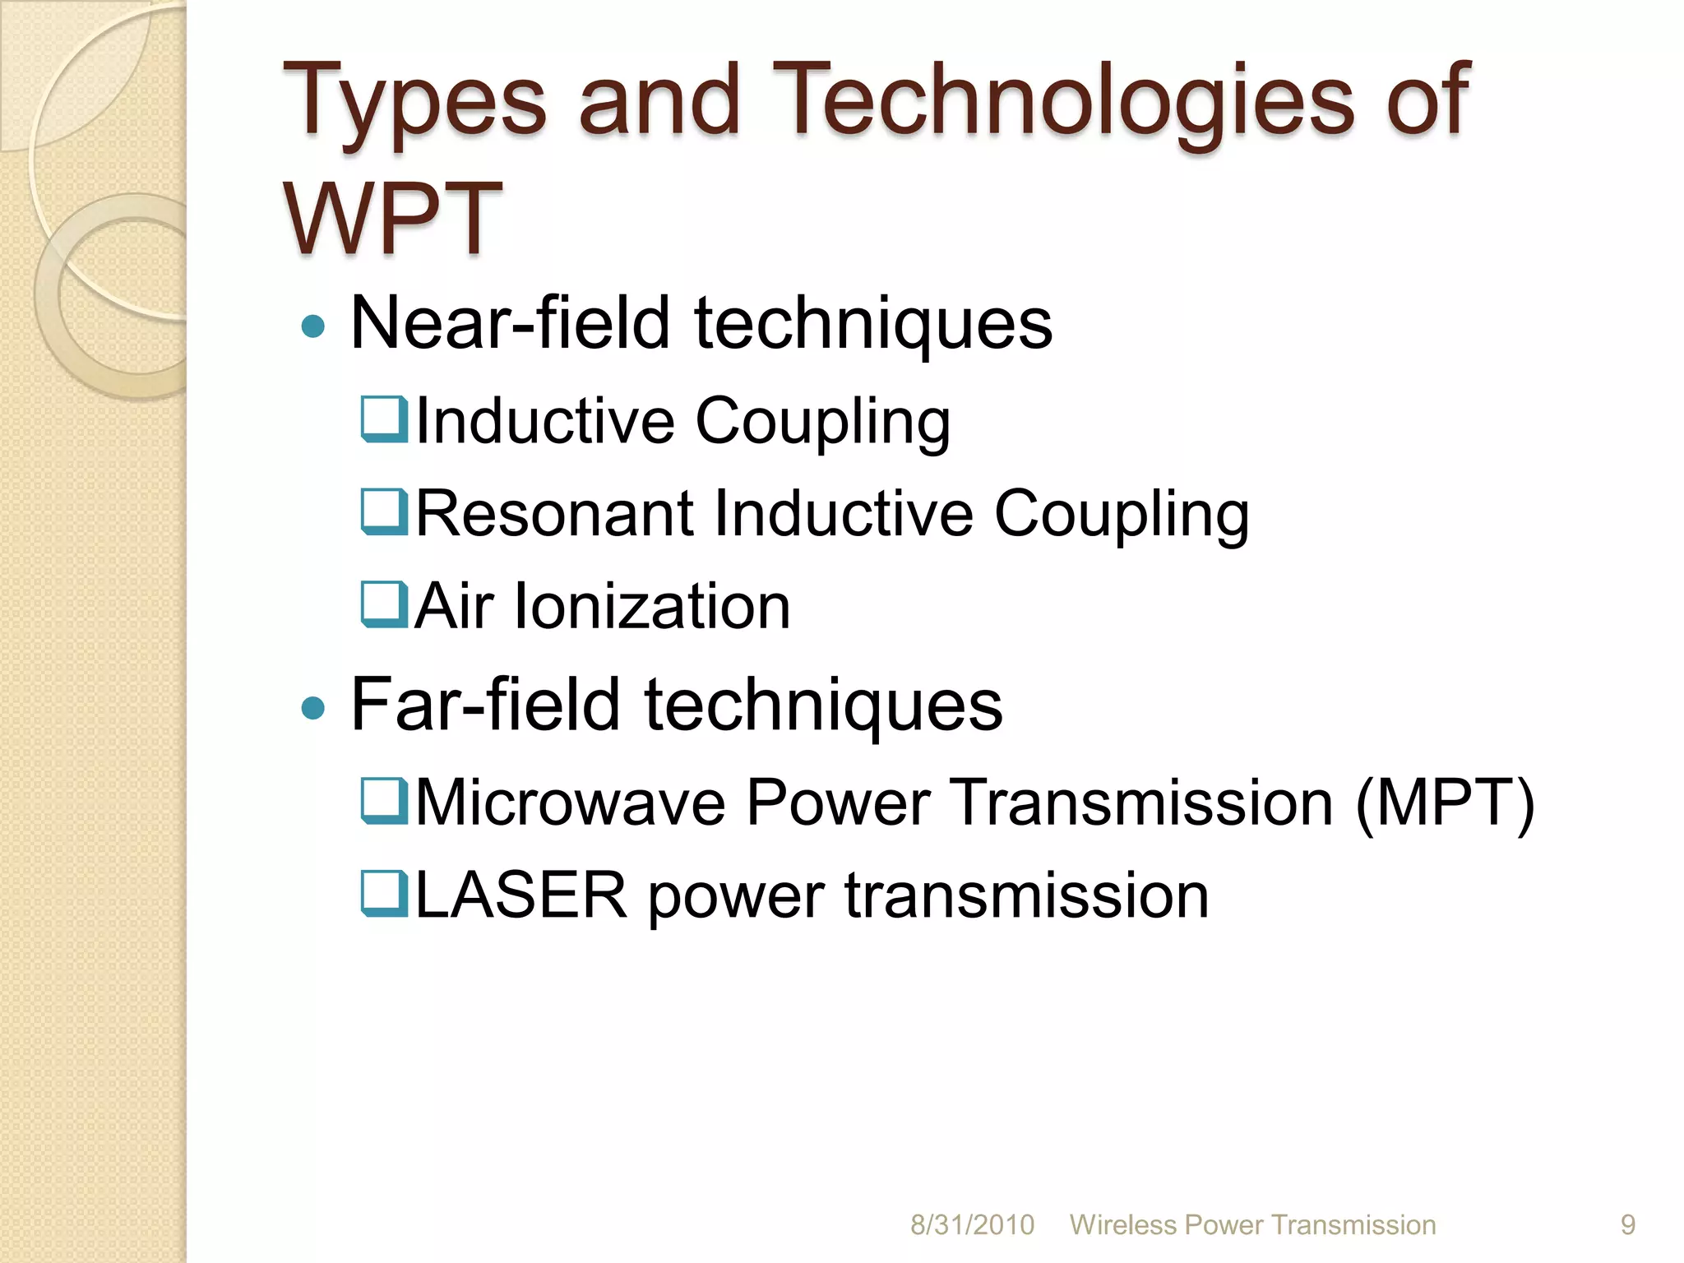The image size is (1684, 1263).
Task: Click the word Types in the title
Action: click(x=414, y=103)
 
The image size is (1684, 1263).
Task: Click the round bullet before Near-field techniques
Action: click(x=313, y=327)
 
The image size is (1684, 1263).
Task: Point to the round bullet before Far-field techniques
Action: click(x=313, y=707)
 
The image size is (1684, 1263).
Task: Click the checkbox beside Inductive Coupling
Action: click(x=384, y=419)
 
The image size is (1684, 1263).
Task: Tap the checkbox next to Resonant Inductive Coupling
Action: click(x=384, y=512)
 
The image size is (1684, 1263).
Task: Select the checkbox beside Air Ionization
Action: click(x=384, y=605)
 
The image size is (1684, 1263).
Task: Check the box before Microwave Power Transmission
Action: click(x=384, y=802)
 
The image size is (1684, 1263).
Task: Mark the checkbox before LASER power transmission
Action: click(x=384, y=895)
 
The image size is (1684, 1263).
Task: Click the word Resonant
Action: click(x=555, y=514)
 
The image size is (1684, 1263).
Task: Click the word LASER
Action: click(x=521, y=895)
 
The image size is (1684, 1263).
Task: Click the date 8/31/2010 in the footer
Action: click(x=972, y=1225)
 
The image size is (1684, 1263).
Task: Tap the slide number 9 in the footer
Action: click(x=1627, y=1225)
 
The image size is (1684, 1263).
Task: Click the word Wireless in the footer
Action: click(x=1122, y=1225)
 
